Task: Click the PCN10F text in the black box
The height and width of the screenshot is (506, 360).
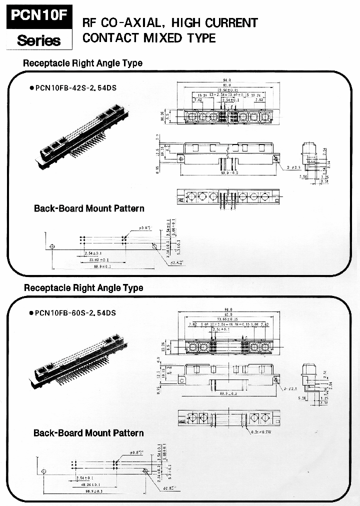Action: point(38,14)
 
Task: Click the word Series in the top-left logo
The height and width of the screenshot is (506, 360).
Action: point(38,39)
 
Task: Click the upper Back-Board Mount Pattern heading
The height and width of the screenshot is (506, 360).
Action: point(89,208)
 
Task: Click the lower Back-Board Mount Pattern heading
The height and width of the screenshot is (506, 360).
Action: point(88,433)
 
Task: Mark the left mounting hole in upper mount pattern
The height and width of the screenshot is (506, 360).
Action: point(52,246)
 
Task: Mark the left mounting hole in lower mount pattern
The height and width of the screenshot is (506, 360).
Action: point(43,471)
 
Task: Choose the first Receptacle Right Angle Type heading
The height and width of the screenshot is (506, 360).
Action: point(83,63)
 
